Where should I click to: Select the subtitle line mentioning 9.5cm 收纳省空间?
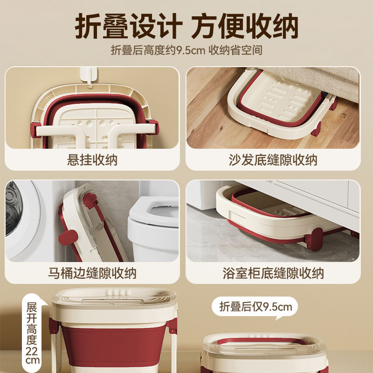tap(186, 50)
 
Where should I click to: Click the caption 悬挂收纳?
tap(92, 160)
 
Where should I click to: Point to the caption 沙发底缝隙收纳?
tap(273, 160)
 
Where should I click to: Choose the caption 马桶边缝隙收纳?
tap(92, 273)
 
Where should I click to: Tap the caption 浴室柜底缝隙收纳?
tap(273, 273)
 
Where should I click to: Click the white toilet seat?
tap(154, 219)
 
